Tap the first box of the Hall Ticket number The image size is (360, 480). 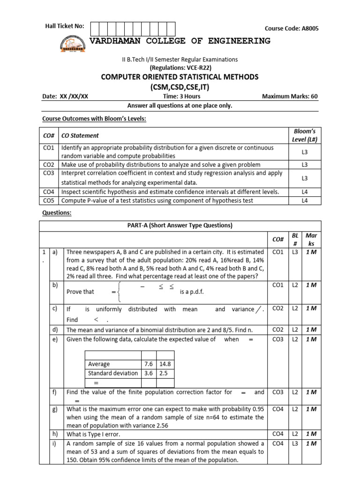[x=94, y=29]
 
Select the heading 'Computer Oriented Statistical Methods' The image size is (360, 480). [x=180, y=77]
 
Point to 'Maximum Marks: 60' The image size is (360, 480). [x=290, y=97]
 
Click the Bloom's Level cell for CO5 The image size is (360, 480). [x=304, y=201]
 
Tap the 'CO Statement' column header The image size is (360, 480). [x=80, y=135]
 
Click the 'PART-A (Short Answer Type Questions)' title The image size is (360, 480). [x=180, y=225]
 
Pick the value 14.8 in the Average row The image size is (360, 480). [x=165, y=364]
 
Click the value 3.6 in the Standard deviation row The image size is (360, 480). [x=149, y=373]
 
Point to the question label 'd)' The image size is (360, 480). [x=55, y=330]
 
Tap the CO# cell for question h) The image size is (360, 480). [x=277, y=434]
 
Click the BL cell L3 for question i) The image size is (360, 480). [x=295, y=443]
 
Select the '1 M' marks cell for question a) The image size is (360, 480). [x=311, y=252]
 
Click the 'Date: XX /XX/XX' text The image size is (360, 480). [x=65, y=97]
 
